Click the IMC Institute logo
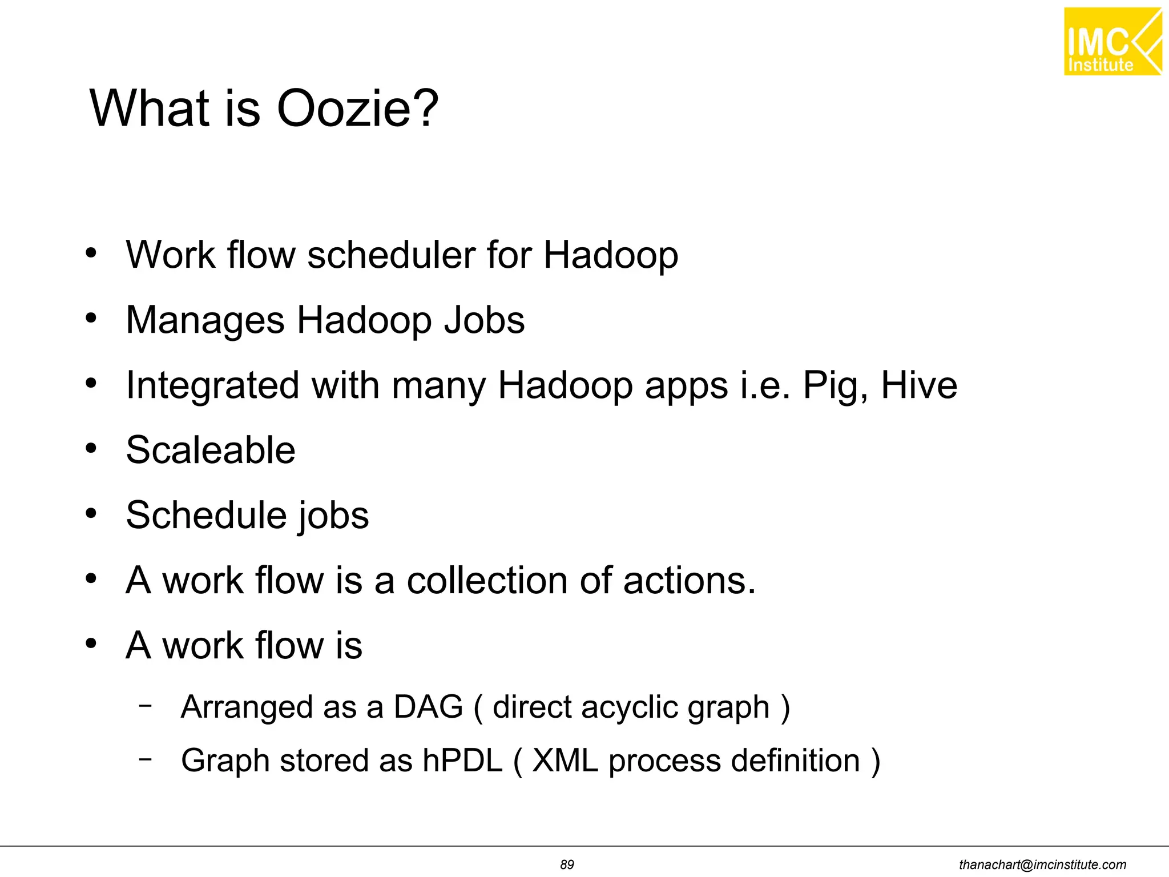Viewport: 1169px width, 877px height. (x=1112, y=42)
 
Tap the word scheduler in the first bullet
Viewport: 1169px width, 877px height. (x=391, y=255)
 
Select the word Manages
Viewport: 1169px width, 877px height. (x=205, y=320)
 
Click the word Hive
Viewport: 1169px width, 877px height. (x=919, y=385)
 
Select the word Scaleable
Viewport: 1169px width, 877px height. (x=211, y=450)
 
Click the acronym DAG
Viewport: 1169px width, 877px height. (x=428, y=707)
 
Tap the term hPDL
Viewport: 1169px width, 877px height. (x=462, y=761)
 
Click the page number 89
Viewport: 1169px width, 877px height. (x=567, y=864)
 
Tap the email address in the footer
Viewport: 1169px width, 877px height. (x=1042, y=864)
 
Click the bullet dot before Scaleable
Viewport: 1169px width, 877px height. (x=91, y=449)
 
